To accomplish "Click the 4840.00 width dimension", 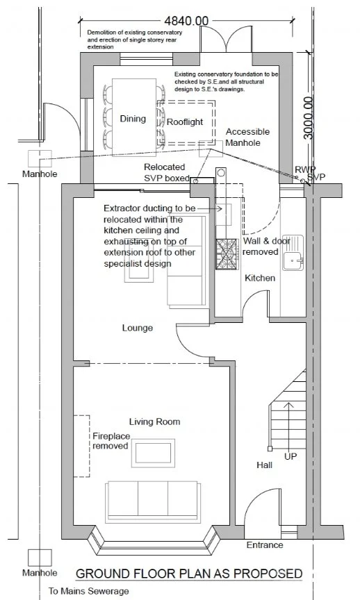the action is (186, 21).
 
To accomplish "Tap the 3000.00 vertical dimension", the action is (309, 118).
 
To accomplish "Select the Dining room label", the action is (133, 119).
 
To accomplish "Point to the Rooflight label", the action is (185, 122).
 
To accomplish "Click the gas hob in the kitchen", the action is (227, 254).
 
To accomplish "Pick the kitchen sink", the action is (293, 252).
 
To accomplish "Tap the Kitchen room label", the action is (260, 278).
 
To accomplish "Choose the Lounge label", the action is (138, 328).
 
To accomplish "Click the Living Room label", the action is (154, 422).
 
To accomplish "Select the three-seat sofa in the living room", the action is (153, 501).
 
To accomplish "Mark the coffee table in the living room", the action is (153, 453).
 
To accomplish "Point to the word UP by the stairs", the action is (291, 456).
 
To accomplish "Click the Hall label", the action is (265, 465).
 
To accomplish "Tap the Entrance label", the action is (265, 545).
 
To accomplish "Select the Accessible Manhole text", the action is (247, 137).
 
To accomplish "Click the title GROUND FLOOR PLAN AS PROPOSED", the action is (189, 574).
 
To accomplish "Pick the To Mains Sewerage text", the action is (88, 591).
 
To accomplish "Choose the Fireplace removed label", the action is (111, 441).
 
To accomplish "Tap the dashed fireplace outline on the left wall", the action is (81, 446).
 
